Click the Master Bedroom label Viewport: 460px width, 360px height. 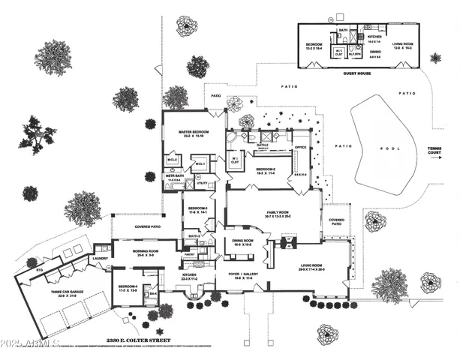tap(193, 132)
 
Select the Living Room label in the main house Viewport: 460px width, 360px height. tap(311, 266)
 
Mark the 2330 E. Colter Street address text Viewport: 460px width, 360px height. tap(140, 339)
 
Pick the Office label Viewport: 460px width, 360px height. tap(301, 148)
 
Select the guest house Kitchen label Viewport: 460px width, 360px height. tap(374, 36)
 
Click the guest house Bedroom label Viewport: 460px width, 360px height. tap(314, 44)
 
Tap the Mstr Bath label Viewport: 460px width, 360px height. tap(173, 176)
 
